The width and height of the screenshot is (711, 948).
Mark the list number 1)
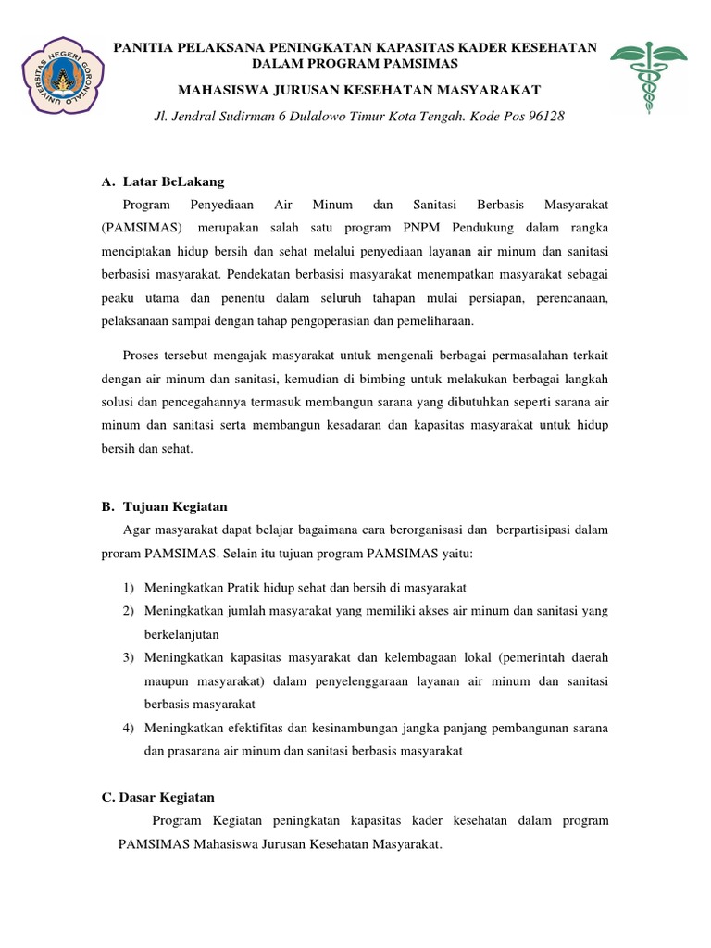(x=130, y=588)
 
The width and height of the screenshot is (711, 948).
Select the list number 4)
(x=130, y=729)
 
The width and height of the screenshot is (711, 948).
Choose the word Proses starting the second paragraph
(x=142, y=355)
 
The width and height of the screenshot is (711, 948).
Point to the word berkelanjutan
(x=184, y=634)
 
